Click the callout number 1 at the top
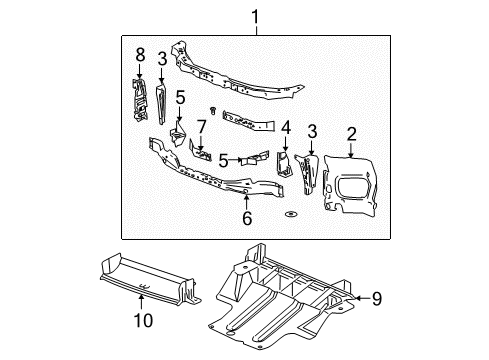[256, 17]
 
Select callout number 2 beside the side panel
[352, 133]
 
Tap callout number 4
[285, 128]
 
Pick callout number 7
[202, 127]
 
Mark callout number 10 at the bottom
[142, 320]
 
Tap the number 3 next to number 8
[162, 60]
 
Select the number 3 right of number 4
[313, 131]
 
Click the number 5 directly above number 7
[180, 97]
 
